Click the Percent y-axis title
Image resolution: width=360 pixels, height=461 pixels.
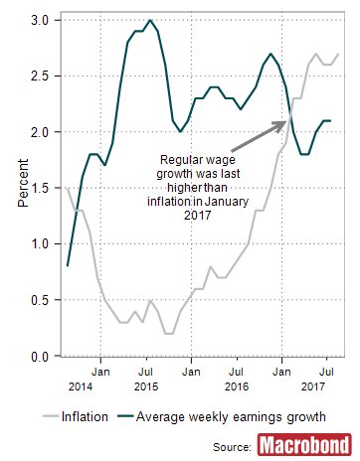(22, 187)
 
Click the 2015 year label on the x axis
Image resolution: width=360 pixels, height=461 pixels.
(146, 384)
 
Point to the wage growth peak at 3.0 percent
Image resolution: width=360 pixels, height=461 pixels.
(149, 20)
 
